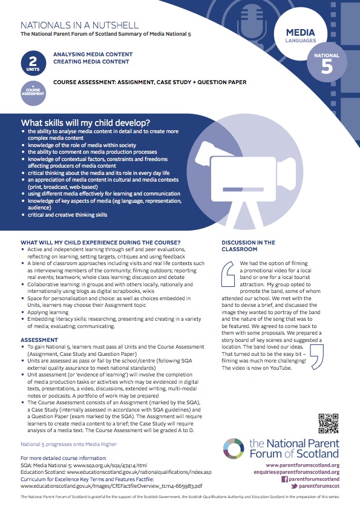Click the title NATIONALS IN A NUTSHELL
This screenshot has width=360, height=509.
click(79, 25)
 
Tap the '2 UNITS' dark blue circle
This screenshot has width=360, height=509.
click(33, 63)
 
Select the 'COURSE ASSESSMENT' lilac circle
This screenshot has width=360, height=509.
click(33, 93)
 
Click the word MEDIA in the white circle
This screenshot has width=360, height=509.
click(300, 33)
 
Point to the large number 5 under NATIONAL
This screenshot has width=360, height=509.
click(327, 67)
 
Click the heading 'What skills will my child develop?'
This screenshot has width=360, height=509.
click(85, 123)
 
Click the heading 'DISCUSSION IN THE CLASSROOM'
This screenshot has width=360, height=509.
click(248, 246)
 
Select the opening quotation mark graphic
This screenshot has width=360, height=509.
click(228, 274)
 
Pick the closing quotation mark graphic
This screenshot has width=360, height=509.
click(317, 357)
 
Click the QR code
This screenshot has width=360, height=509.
click(328, 423)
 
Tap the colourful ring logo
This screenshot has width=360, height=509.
click(234, 448)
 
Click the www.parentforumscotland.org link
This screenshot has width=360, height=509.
click(303, 465)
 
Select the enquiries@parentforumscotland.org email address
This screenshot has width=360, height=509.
click(296, 472)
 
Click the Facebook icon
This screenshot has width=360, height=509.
click(284, 479)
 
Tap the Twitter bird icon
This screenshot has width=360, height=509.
click(294, 486)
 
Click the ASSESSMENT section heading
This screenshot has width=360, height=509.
click(39, 340)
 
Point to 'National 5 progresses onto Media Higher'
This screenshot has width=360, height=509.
click(68, 444)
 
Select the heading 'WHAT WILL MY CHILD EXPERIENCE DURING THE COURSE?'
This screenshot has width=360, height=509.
click(100, 243)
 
